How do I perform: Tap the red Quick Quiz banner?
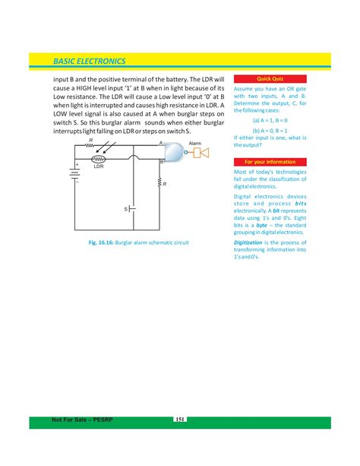[x=270, y=79]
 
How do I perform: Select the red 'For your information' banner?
[x=270, y=162]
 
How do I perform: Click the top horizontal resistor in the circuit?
[x=91, y=144]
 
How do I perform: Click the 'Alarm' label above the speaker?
[x=195, y=143]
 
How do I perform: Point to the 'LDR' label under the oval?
[x=98, y=166]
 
